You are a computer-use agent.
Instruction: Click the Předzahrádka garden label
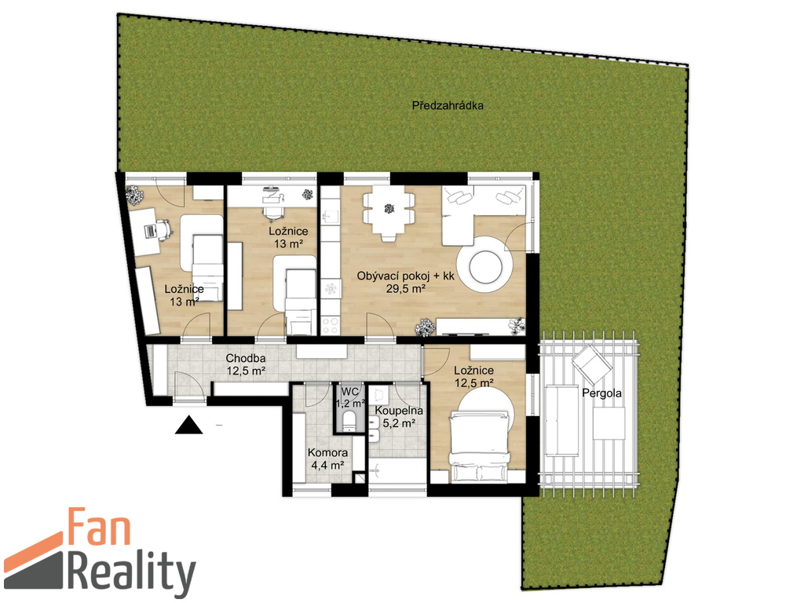pyautogui.click(x=448, y=106)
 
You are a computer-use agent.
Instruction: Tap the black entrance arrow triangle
pyautogui.click(x=188, y=425)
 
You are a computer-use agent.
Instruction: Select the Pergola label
pyautogui.click(x=602, y=393)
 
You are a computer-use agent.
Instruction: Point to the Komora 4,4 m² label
pyautogui.click(x=327, y=459)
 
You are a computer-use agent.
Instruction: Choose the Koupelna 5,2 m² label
pyautogui.click(x=399, y=417)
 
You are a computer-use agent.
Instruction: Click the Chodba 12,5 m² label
pyautogui.click(x=246, y=364)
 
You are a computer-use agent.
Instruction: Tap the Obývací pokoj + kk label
pyautogui.click(x=406, y=276)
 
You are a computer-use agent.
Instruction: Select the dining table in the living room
pyautogui.click(x=389, y=210)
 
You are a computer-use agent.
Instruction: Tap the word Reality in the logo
pyautogui.click(x=131, y=572)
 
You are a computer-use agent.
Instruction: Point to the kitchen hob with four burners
pyautogui.click(x=330, y=325)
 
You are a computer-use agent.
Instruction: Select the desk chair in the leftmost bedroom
pyautogui.click(x=162, y=230)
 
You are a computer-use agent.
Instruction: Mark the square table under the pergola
pyautogui.click(x=608, y=423)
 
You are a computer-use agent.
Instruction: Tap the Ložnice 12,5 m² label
pyautogui.click(x=473, y=376)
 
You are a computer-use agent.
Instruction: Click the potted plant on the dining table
pyautogui.click(x=389, y=209)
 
